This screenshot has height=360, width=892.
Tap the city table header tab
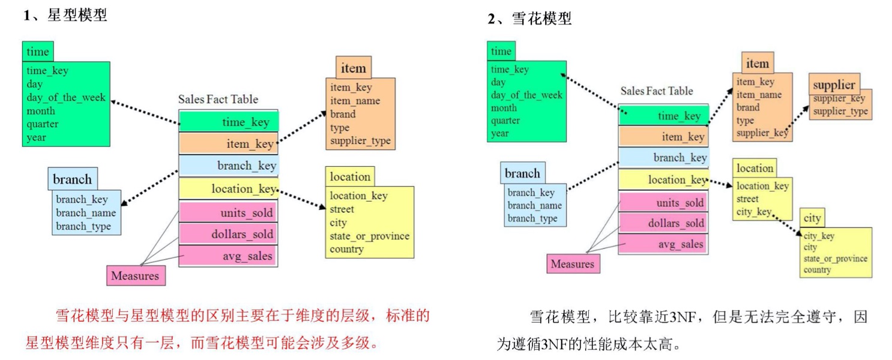812,217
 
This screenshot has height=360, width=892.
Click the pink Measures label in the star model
136,276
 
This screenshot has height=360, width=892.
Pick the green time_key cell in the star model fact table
229,122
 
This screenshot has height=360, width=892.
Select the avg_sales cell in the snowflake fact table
663,244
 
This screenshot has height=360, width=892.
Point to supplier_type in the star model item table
360,141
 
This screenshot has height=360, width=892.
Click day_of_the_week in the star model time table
66,97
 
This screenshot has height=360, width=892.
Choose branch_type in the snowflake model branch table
532,218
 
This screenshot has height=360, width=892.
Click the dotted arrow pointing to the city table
787,223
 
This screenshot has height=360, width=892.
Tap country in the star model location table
347,249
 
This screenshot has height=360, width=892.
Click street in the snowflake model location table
748,199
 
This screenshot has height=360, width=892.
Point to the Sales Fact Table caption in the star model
218,99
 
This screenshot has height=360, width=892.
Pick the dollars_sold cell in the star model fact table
229,234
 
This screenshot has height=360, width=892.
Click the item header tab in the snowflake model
757,64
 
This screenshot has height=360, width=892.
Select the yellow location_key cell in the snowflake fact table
663,179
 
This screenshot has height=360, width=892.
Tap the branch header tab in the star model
73,179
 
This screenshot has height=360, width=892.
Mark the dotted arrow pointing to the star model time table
144,112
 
